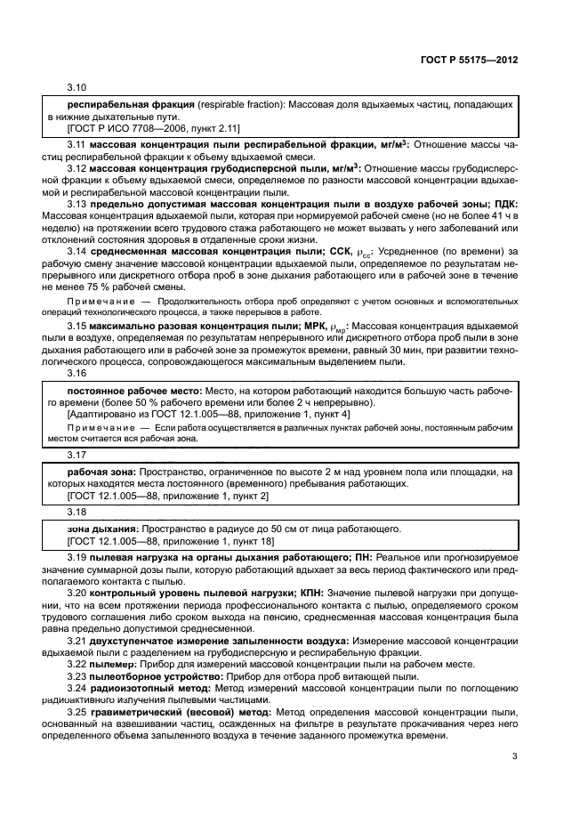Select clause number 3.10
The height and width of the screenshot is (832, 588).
(78, 89)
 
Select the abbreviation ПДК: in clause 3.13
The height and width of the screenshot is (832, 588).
(503, 204)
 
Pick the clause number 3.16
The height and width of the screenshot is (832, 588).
(78, 374)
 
